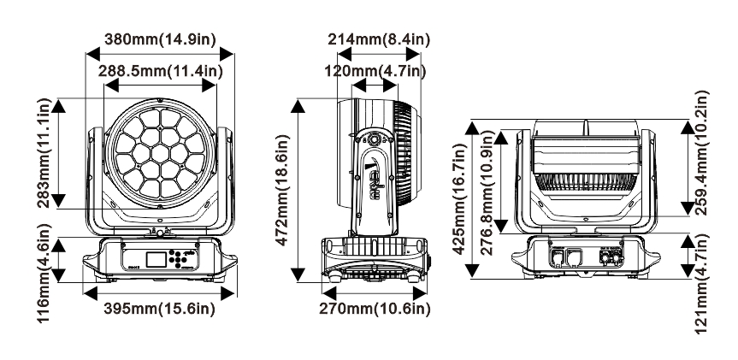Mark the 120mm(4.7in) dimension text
378,71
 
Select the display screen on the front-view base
153,260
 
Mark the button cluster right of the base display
176,257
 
